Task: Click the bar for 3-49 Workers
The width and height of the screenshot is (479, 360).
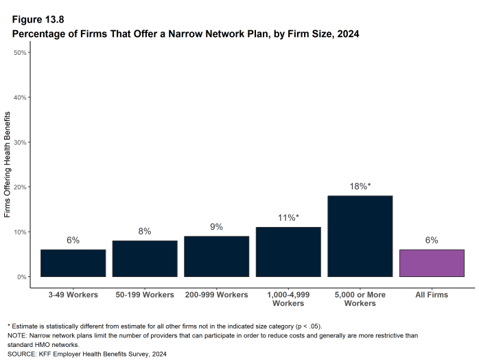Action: tap(73, 263)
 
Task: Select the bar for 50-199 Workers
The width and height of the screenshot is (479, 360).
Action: tap(145, 259)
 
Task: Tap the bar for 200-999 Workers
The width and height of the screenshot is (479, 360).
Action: tap(216, 256)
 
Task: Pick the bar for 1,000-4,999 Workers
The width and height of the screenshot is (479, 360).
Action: tap(288, 252)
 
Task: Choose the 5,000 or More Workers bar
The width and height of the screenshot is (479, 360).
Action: tap(360, 236)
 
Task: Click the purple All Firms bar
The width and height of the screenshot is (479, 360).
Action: tap(432, 263)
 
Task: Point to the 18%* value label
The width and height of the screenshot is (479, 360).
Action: tap(360, 187)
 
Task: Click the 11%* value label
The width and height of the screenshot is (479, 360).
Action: tap(288, 218)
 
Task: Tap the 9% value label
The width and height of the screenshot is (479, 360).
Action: tap(216, 227)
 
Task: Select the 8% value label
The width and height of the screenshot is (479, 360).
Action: tap(145, 232)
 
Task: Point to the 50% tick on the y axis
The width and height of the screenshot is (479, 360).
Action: tap(20, 52)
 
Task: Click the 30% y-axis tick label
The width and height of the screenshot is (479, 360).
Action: tap(20, 142)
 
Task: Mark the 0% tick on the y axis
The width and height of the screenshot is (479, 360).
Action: tap(22, 277)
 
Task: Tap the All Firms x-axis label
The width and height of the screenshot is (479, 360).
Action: tap(432, 295)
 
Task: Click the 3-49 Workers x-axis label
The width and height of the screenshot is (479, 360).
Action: tap(73, 295)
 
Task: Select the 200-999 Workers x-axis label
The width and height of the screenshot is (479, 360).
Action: tap(216, 295)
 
